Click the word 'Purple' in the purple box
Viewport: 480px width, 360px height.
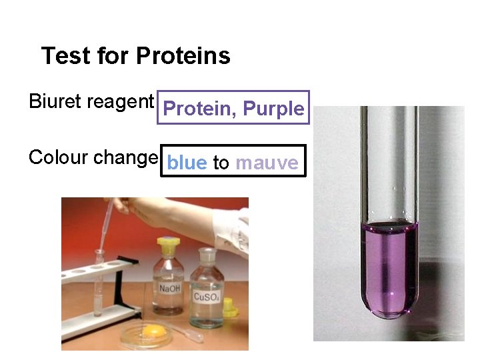click(x=273, y=109)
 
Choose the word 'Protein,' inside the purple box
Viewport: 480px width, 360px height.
click(x=199, y=109)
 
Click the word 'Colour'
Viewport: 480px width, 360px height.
click(x=59, y=157)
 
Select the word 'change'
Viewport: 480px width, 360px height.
click(x=125, y=158)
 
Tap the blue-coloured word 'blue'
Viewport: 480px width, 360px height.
click(x=187, y=163)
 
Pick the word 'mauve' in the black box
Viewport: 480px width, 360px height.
click(x=267, y=163)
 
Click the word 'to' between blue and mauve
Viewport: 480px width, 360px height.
click(x=221, y=163)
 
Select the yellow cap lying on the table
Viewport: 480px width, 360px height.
click(x=231, y=307)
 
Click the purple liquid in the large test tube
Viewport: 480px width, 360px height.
click(x=389, y=267)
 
